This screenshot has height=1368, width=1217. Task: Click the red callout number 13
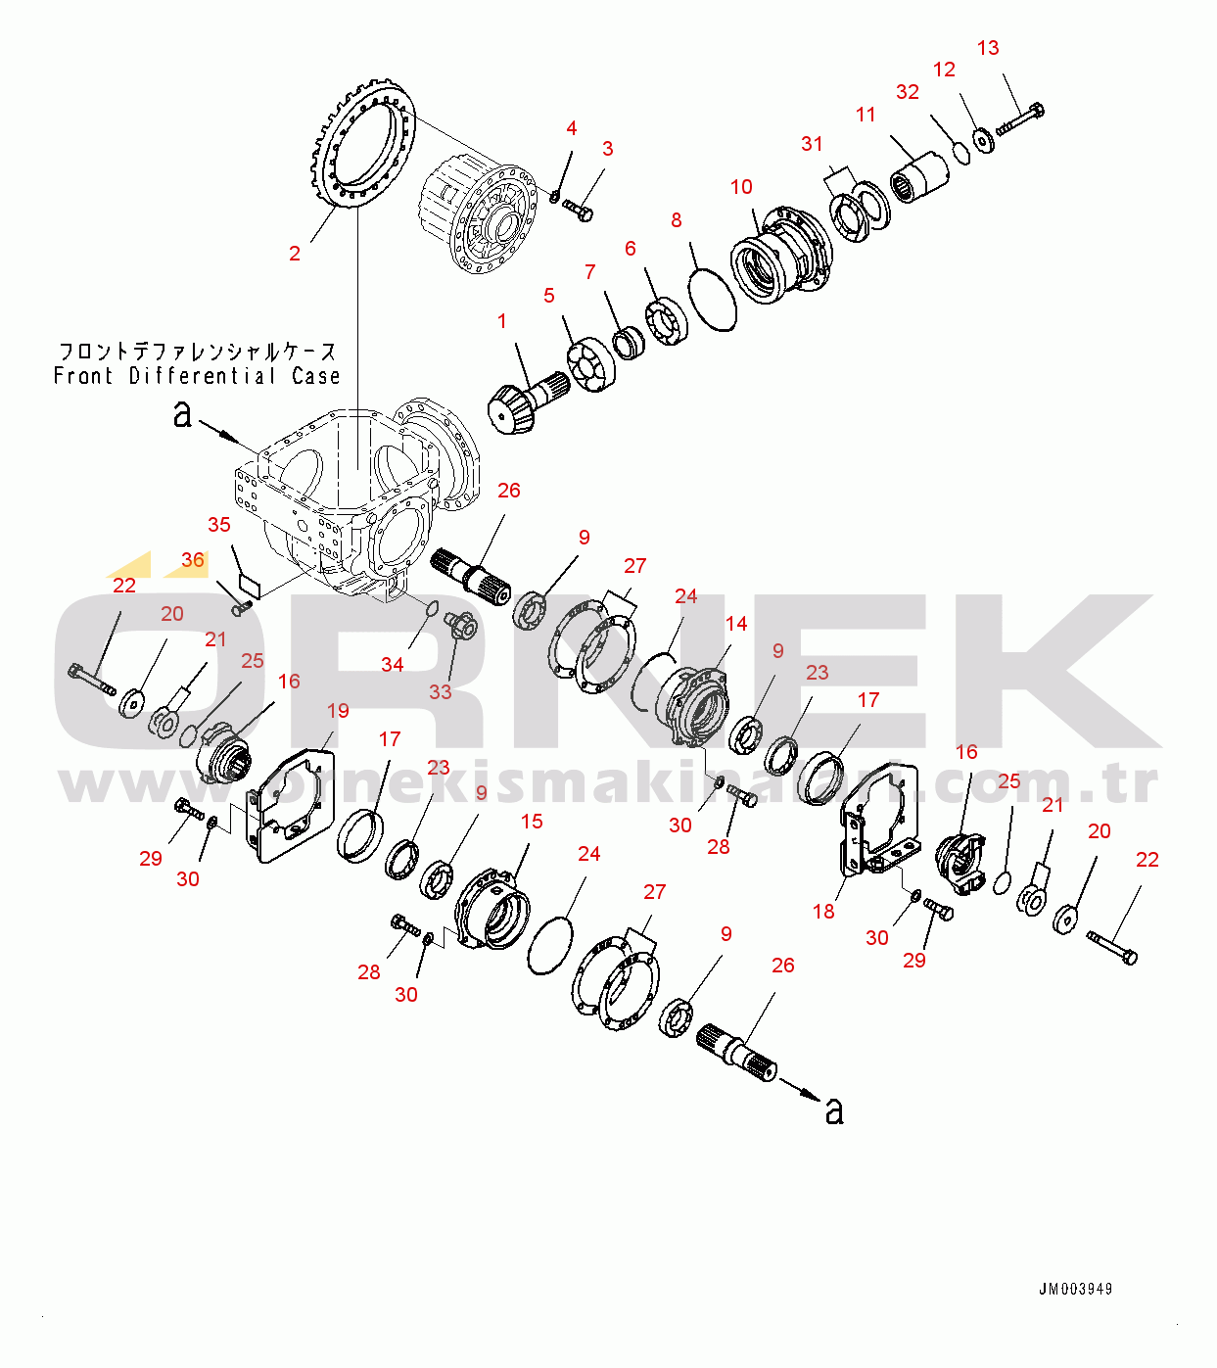988,48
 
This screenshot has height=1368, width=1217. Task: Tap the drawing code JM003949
1075,1289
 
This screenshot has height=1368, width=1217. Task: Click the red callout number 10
741,187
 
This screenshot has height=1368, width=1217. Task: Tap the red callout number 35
219,525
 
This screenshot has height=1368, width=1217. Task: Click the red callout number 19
338,711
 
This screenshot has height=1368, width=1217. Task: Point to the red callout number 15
532,822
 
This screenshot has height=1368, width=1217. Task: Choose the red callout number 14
736,624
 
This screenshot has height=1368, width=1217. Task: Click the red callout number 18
823,912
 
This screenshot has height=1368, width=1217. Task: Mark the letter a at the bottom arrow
834,1111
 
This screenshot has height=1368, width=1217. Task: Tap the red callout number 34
393,665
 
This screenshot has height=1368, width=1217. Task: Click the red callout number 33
441,691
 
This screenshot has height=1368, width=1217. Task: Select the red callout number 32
908,92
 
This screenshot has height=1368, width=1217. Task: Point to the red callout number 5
549,296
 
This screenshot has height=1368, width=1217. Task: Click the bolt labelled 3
579,210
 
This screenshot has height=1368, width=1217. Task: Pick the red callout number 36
193,560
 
